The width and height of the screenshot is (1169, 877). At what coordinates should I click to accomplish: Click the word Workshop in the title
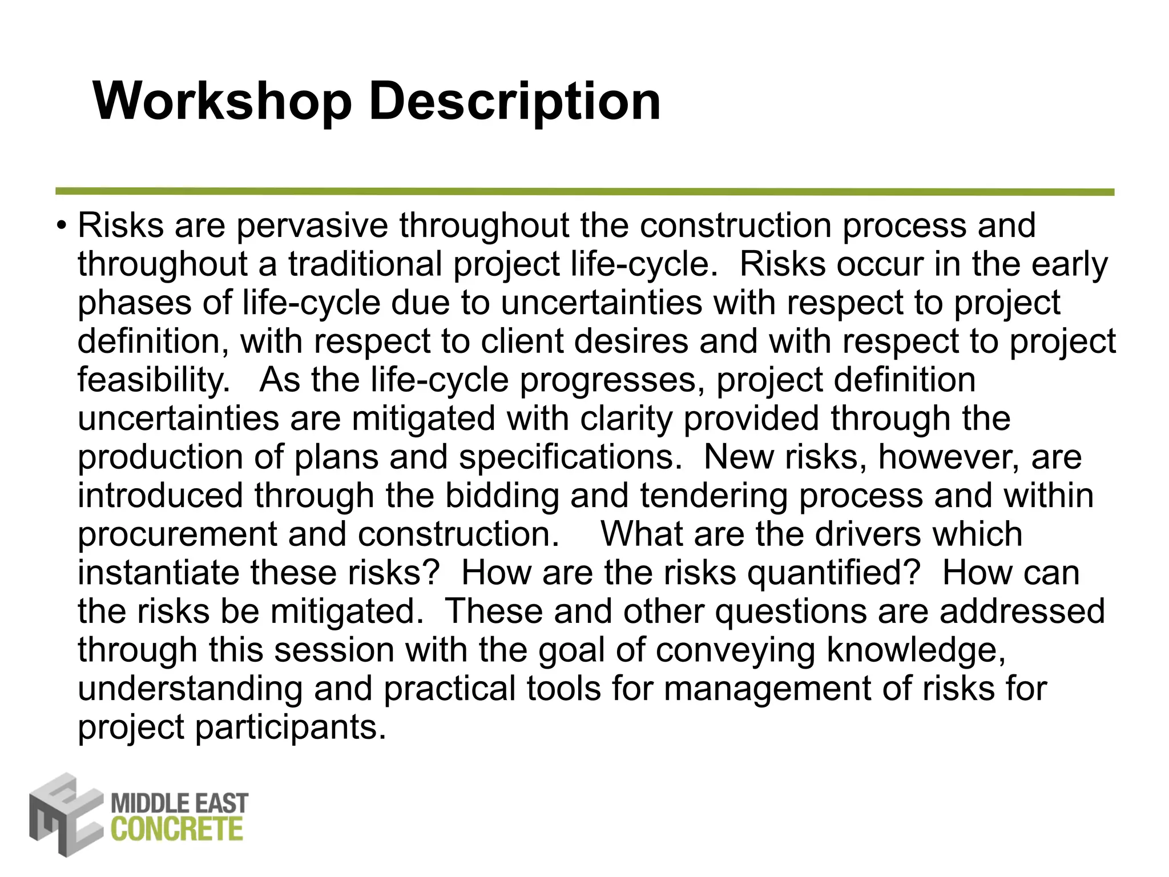(222, 102)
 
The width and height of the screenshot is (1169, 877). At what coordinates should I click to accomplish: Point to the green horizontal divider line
(584, 192)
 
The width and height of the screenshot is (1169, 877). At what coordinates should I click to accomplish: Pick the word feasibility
(153, 380)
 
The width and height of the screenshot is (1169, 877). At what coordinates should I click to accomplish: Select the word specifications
(570, 457)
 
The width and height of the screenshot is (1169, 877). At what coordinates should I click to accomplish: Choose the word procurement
(177, 534)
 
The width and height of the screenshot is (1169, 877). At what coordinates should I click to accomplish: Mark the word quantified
(833, 573)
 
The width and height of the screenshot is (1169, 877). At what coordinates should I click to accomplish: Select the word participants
(291, 727)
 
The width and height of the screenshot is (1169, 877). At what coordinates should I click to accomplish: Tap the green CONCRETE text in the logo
(177, 829)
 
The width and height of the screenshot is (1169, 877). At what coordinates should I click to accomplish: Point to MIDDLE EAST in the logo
(179, 803)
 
